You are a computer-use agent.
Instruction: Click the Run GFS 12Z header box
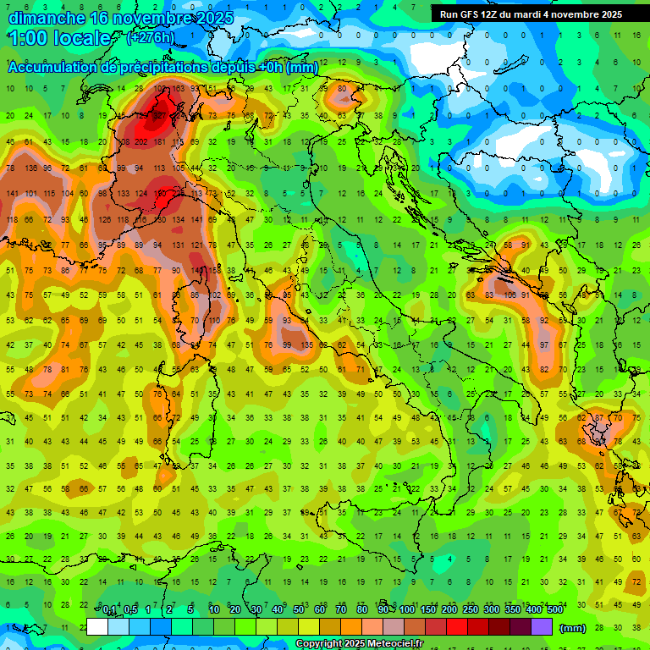coord(531,14)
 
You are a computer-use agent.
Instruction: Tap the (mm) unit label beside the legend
coord(573,628)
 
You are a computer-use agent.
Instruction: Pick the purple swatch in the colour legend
coord(542,627)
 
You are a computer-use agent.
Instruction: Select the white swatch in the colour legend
coord(97,627)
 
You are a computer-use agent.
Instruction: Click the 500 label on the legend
coord(554,610)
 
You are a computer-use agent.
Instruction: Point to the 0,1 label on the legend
coord(109,610)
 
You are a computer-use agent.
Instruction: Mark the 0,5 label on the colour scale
coord(130,610)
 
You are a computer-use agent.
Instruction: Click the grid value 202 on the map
coord(140,141)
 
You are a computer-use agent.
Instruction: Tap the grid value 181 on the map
coord(159,141)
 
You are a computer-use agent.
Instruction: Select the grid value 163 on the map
coord(178,88)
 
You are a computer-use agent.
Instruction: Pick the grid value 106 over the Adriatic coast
coord(510,295)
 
